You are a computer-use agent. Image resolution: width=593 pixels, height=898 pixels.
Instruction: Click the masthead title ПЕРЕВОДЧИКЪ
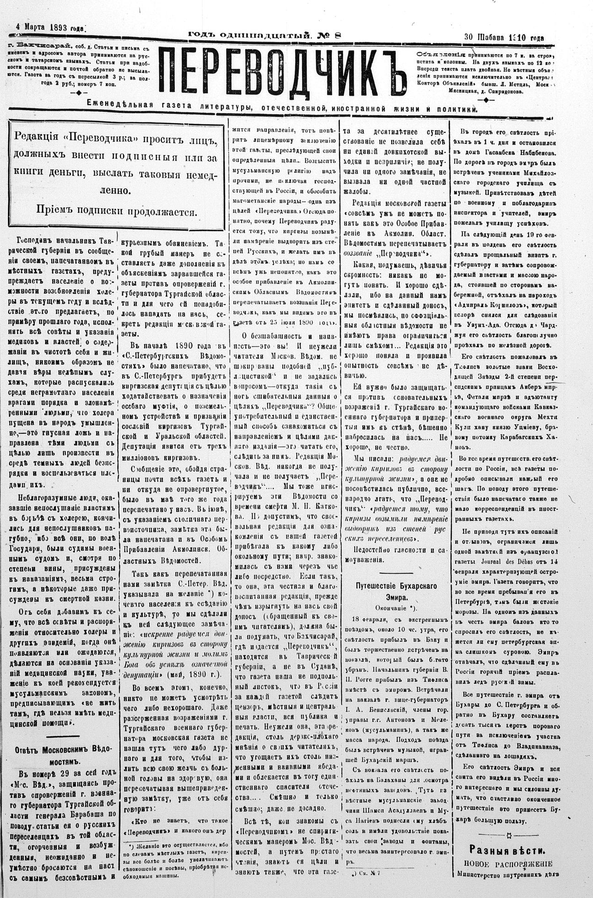pyautogui.click(x=283, y=70)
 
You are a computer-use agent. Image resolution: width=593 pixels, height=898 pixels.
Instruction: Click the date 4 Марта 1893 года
pyautogui.click(x=49, y=27)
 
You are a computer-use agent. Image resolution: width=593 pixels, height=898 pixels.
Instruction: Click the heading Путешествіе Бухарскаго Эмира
pyautogui.click(x=396, y=591)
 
